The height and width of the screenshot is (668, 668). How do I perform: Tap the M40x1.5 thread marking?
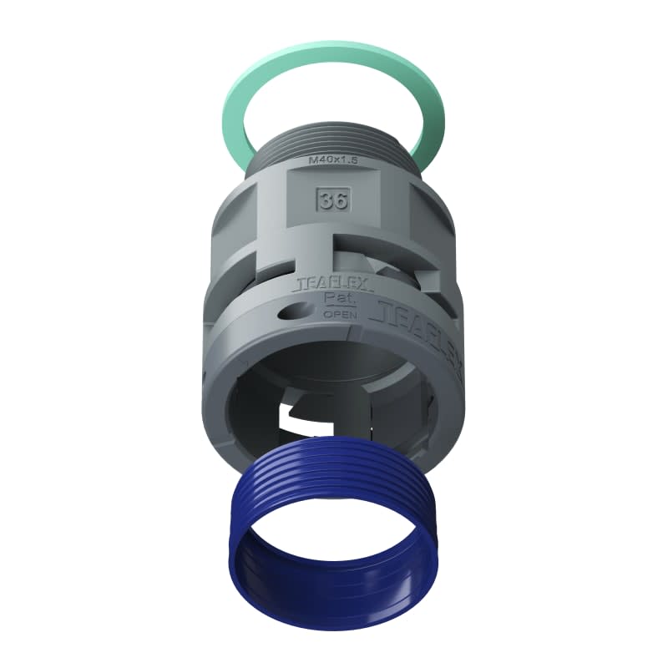(x=333, y=159)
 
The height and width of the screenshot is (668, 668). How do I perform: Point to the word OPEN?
(x=340, y=315)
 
